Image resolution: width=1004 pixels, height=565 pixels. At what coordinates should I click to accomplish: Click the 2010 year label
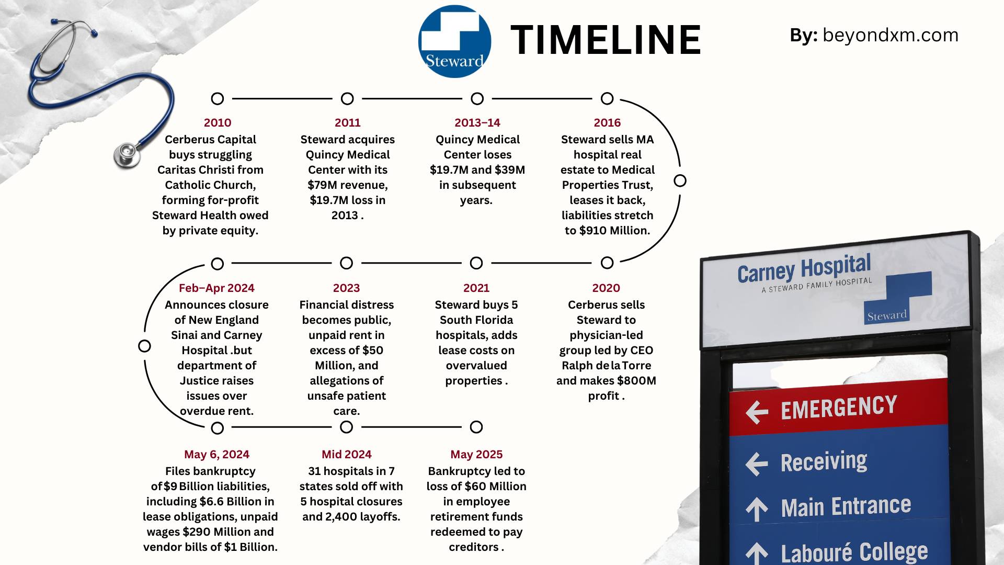click(217, 122)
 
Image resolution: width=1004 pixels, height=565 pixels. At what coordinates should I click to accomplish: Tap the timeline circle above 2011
click(347, 98)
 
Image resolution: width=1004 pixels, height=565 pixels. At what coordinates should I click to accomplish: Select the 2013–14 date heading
click(477, 122)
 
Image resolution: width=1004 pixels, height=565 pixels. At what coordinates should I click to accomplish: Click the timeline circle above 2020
click(607, 263)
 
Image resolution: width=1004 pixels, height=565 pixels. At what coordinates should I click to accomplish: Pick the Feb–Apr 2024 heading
click(216, 288)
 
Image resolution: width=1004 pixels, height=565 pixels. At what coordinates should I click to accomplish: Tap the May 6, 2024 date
click(216, 454)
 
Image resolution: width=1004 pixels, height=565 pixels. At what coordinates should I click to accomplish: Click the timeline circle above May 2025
click(476, 427)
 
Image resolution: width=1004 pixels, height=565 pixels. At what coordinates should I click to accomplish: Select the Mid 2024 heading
click(346, 454)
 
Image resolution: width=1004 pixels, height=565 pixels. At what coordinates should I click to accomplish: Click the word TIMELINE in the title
click(606, 40)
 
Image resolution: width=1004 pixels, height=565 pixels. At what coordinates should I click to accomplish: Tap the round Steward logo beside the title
click(454, 42)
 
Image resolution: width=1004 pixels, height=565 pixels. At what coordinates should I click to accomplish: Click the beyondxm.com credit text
click(890, 35)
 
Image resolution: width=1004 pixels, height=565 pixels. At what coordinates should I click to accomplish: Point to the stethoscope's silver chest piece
click(127, 154)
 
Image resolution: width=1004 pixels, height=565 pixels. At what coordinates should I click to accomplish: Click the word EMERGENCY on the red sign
click(839, 408)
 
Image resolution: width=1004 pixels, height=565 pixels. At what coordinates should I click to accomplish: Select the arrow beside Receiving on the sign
click(757, 464)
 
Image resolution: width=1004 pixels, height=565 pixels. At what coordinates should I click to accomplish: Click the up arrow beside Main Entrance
click(757, 508)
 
